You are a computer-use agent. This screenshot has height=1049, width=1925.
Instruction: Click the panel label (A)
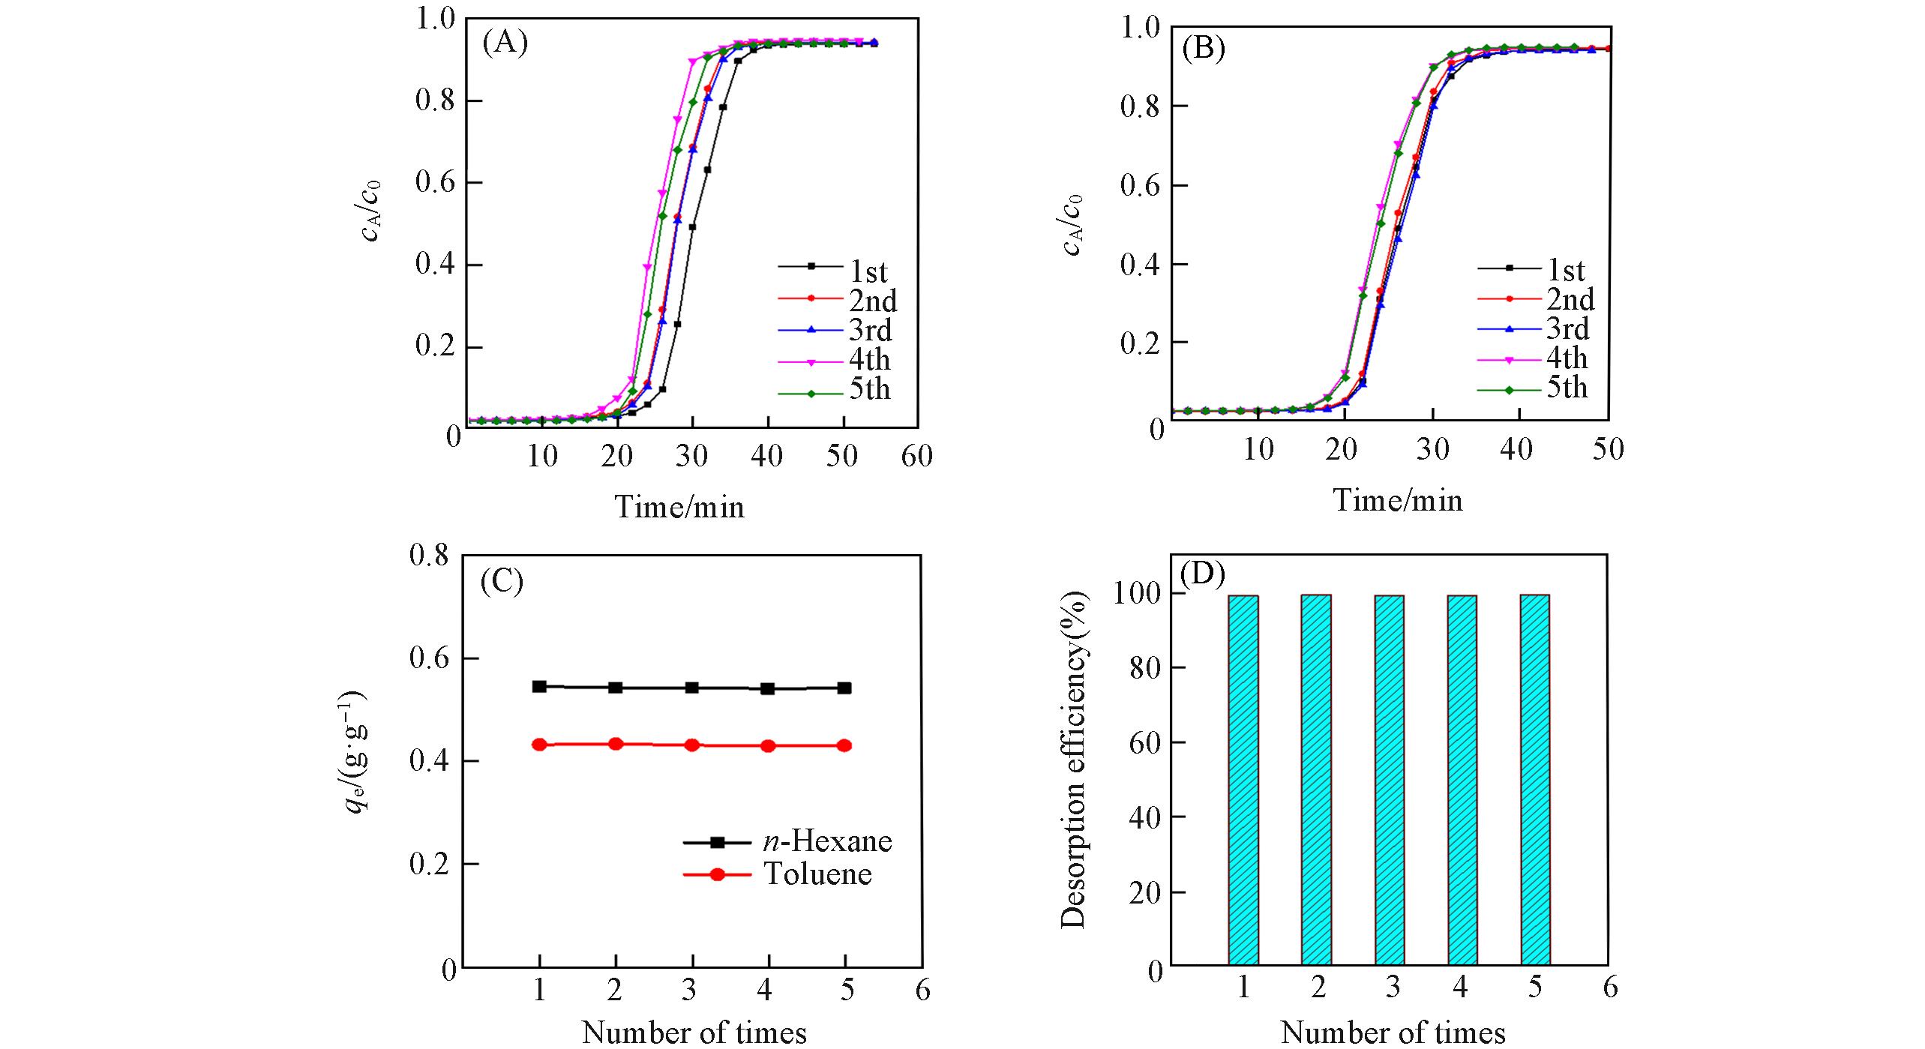[x=505, y=43]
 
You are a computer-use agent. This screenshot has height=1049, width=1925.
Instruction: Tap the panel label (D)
[x=1202, y=574]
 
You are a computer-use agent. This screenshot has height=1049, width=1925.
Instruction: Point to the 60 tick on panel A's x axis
[x=916, y=456]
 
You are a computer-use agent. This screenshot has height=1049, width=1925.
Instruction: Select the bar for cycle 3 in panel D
[x=1389, y=780]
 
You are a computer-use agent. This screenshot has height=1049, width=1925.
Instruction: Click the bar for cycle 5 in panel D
[x=1535, y=780]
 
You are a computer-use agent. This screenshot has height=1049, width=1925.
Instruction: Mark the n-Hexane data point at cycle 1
[x=539, y=686]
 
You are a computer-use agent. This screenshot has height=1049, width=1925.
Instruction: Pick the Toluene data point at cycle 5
[x=844, y=745]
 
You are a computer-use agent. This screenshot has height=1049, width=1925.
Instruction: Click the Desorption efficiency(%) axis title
[x=1074, y=760]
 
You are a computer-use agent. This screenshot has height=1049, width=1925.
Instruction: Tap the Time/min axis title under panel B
[x=1398, y=500]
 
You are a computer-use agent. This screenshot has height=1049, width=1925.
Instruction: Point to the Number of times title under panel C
[x=694, y=1033]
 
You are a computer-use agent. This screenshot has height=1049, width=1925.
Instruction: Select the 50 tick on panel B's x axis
[x=1608, y=449]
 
